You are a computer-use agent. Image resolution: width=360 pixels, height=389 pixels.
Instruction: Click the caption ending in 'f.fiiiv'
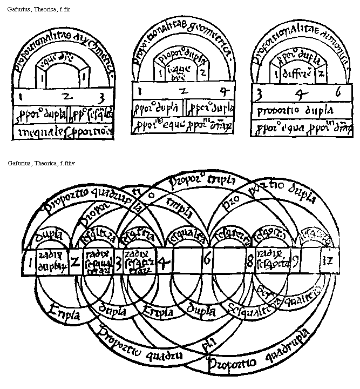click(37, 163)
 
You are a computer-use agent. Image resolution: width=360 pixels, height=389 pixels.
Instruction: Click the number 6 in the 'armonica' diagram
click(338, 92)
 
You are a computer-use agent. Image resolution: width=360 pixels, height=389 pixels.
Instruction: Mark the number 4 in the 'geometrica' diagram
click(222, 90)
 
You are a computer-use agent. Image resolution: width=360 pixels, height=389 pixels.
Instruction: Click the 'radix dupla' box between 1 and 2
click(52, 263)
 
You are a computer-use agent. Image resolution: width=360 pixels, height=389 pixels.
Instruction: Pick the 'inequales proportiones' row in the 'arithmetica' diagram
click(65, 131)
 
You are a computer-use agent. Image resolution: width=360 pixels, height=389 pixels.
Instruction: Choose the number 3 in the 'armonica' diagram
click(260, 93)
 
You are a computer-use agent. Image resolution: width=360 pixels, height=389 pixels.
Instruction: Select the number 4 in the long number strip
click(164, 263)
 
